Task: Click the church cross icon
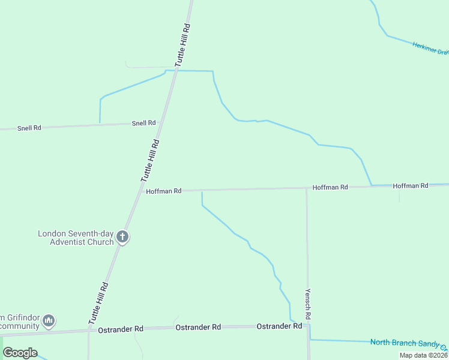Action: point(122,237)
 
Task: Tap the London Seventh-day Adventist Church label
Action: point(76,238)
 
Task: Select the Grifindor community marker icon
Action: point(50,321)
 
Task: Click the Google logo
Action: point(20,353)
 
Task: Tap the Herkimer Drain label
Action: point(430,48)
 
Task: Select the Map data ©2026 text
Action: point(423,355)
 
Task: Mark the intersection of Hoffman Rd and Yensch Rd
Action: point(307,188)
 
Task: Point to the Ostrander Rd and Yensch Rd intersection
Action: point(308,326)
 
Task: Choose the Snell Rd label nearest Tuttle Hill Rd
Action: point(143,123)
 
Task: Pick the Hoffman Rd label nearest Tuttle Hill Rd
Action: point(163,191)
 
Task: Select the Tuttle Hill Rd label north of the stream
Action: point(182,44)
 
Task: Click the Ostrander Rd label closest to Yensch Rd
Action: point(279,326)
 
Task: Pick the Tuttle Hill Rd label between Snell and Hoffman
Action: point(151,160)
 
